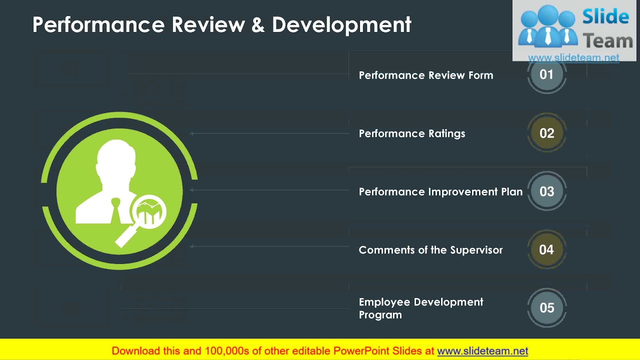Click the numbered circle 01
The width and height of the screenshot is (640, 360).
[x=546, y=74]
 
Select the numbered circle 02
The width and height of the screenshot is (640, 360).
[x=546, y=133]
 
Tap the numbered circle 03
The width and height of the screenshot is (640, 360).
[x=546, y=191]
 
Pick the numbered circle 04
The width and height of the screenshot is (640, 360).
[x=546, y=249]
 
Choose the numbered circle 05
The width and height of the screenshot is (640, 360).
[x=546, y=308]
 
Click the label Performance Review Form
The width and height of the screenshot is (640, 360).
[x=426, y=75]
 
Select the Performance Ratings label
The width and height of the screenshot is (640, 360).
[x=412, y=133]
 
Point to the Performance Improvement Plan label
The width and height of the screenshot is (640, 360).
[x=440, y=192]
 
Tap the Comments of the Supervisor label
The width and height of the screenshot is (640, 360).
[x=430, y=250]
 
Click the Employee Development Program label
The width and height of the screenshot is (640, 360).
[x=421, y=308]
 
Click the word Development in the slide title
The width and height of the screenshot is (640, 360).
[x=341, y=24]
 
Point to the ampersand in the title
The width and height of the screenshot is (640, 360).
[x=258, y=25]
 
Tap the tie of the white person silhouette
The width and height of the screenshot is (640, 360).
[x=115, y=210]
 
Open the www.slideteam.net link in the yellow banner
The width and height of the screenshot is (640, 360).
[x=482, y=351]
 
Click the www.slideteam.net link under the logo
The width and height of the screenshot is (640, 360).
[x=573, y=58]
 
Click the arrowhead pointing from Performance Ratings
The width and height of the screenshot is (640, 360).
[x=192, y=133]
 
